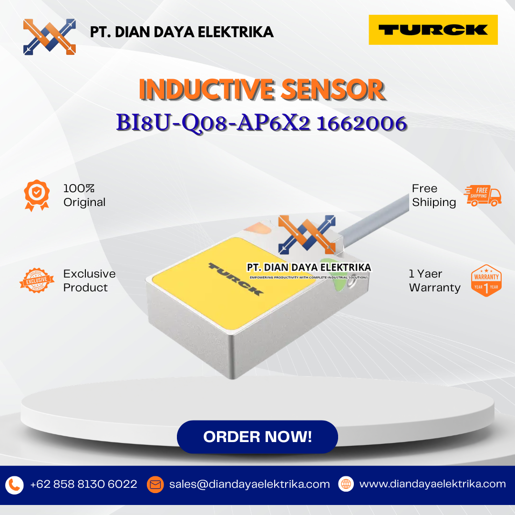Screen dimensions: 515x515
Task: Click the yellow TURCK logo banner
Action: pos(433,30)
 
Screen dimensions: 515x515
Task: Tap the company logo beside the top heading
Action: pos(50,37)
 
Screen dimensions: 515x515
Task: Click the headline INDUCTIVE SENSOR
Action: pos(262,89)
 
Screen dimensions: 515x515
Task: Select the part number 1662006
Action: pos(361,124)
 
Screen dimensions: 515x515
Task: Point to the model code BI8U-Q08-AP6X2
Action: pos(214,124)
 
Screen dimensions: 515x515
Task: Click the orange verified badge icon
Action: pos(37,196)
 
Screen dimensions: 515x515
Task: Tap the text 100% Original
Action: pos(84,196)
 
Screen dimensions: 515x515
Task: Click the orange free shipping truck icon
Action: pos(483,196)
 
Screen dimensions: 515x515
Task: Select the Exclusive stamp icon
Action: pos(37,280)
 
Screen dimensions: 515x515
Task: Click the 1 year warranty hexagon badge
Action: pos(486,280)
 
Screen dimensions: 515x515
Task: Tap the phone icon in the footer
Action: pos(14,485)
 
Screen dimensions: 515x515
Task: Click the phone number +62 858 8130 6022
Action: pos(83,484)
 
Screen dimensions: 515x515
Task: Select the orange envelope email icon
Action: pos(155,484)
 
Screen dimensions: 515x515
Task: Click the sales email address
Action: pos(249,484)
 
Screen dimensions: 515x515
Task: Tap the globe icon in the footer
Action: pos(346,484)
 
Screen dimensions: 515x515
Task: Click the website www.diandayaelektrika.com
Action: pos(433,484)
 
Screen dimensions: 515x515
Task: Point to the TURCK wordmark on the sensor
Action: pos(236,279)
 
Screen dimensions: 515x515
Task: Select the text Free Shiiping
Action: pos(434,196)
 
